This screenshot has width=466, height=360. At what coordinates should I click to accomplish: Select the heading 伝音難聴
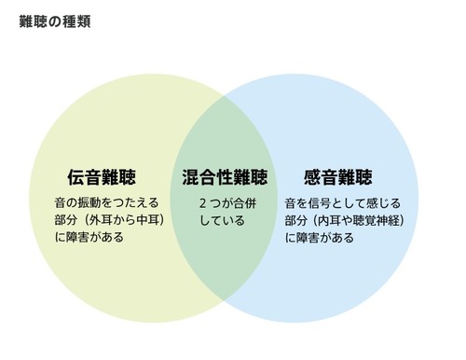click(100, 176)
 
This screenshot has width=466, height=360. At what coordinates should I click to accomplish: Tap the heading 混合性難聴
click(225, 176)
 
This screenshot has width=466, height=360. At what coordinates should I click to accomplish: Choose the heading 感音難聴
click(338, 176)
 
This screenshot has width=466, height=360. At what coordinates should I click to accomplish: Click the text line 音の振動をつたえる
click(107, 201)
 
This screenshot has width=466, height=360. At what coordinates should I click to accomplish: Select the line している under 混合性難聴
click(222, 221)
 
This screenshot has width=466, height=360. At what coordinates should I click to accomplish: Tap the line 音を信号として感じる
click(342, 201)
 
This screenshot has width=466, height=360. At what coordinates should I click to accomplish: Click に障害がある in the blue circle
click(319, 238)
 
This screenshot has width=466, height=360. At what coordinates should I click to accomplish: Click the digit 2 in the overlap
click(202, 201)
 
